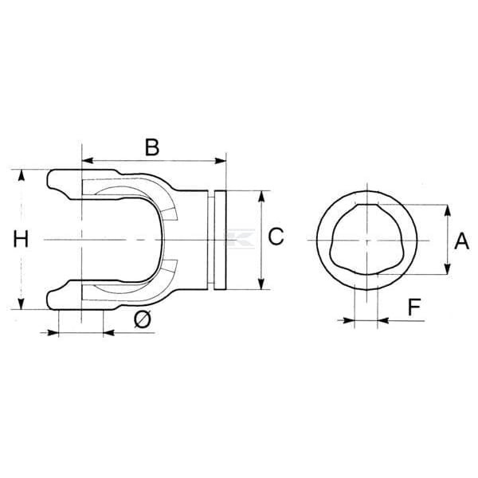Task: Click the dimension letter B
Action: click(152, 147)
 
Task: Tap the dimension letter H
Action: click(21, 239)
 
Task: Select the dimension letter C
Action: click(276, 237)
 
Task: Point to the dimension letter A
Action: click(461, 241)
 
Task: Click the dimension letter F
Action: click(414, 307)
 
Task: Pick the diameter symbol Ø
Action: click(143, 319)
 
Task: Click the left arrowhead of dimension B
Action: click(88, 160)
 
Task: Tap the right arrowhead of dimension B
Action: click(220, 160)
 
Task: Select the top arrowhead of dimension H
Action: click(21, 175)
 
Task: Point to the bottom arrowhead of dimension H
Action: click(21, 304)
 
